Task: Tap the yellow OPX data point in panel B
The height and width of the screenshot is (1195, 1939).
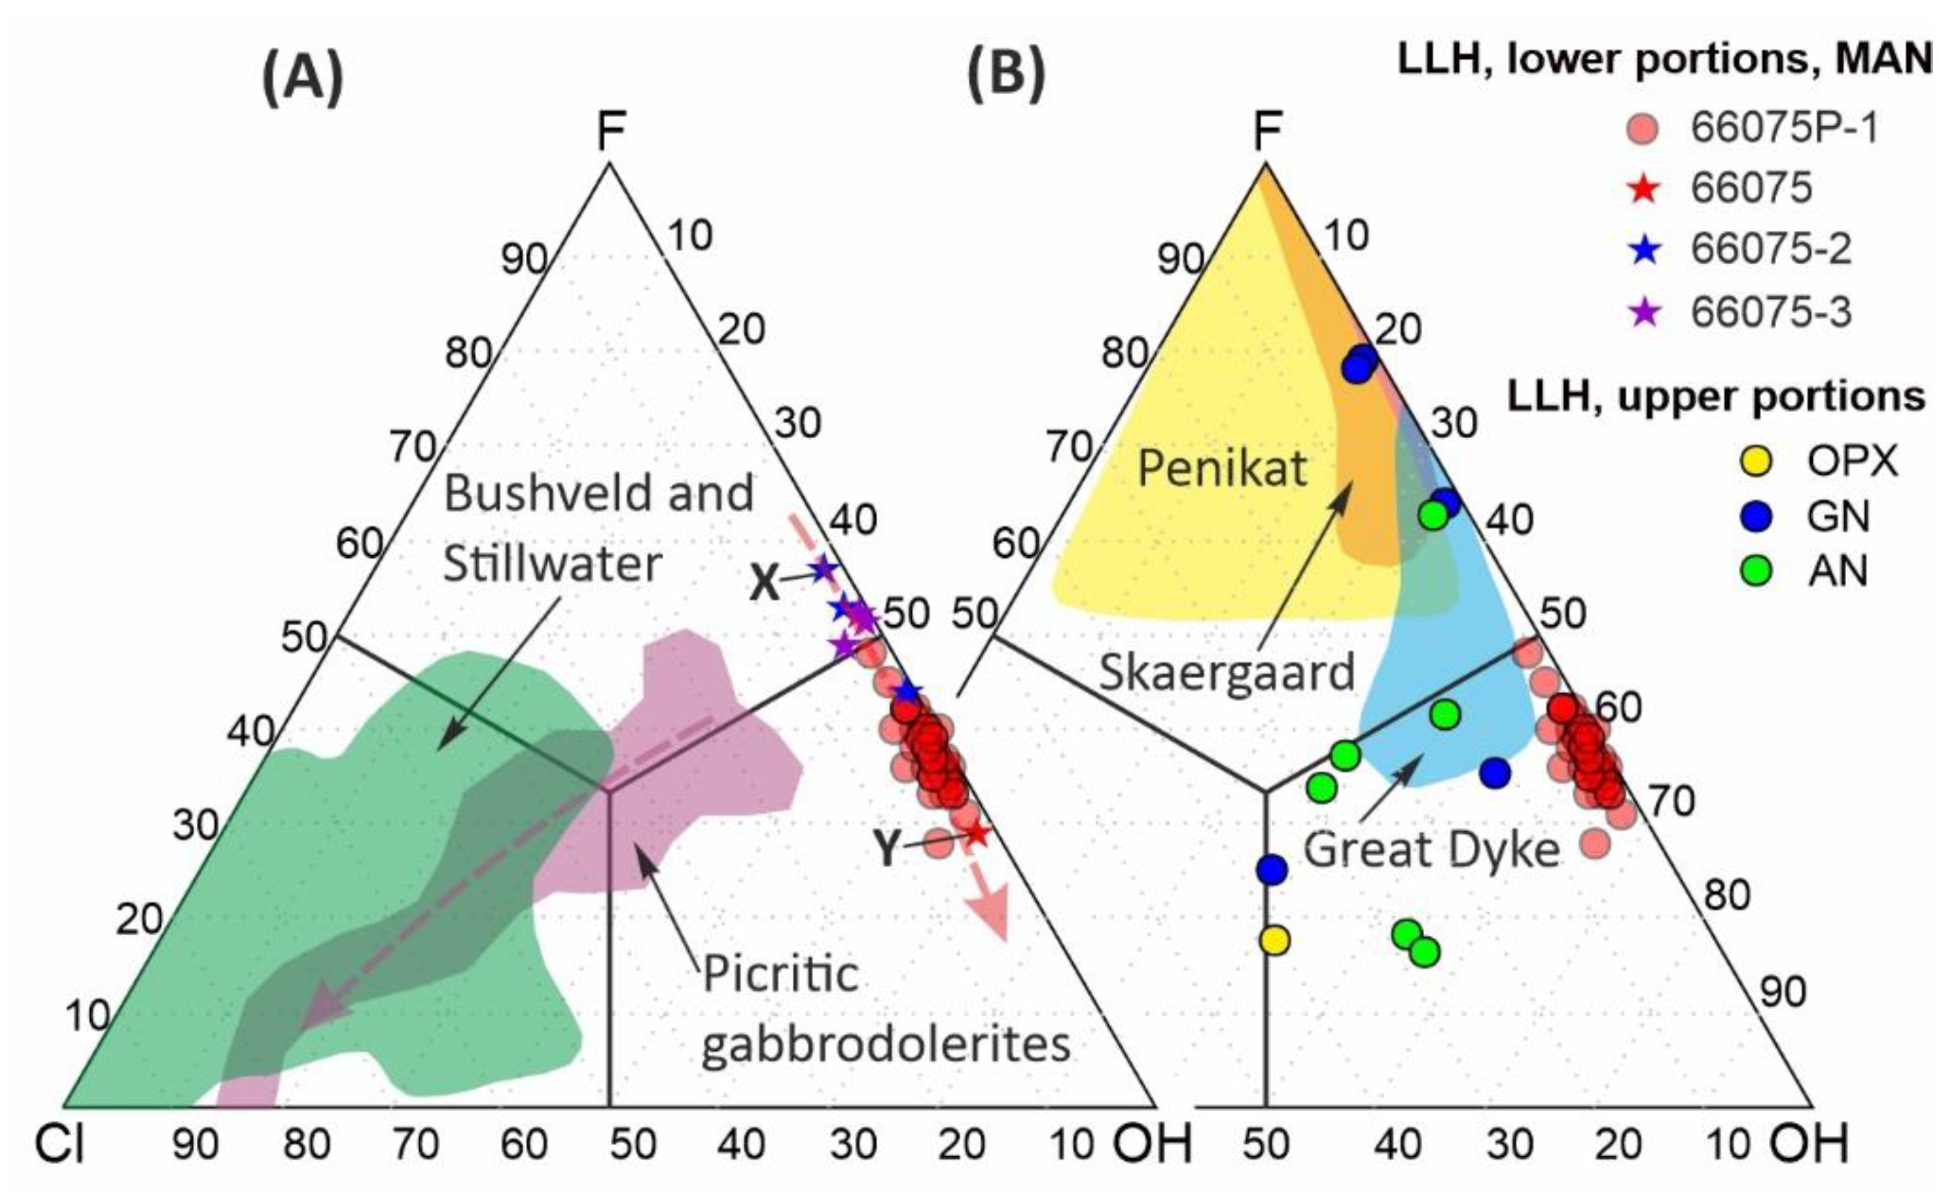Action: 1274,940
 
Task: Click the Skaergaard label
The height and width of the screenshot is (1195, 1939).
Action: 1227,672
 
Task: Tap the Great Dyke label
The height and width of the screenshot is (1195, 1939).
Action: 1432,851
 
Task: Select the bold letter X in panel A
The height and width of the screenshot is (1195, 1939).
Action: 765,585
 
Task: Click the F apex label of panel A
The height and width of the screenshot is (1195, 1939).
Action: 610,131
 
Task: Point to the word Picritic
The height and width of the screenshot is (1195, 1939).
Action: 780,974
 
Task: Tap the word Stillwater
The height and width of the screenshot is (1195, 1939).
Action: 552,564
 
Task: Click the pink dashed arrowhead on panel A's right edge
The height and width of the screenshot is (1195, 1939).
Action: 994,917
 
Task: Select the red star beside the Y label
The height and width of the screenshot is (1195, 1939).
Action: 976,834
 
